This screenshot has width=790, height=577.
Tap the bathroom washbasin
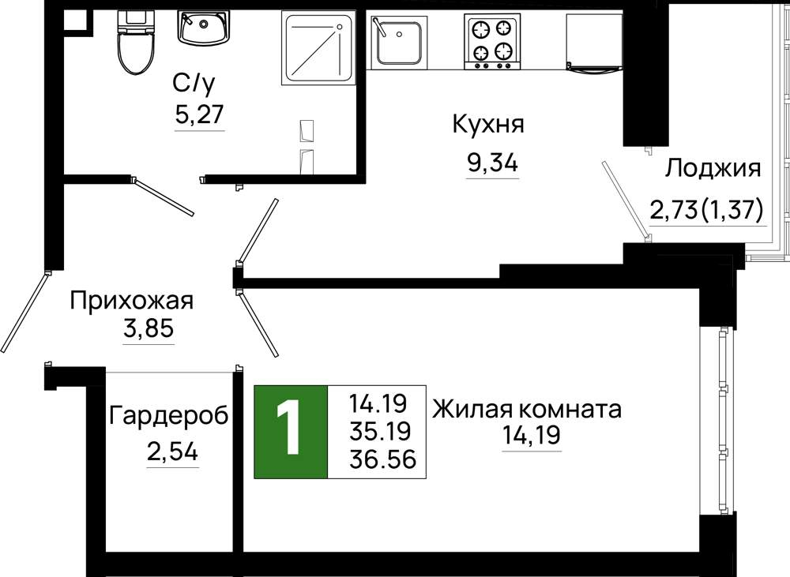point(203,27)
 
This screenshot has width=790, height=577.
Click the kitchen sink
point(399,42)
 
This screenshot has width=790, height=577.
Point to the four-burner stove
point(492,41)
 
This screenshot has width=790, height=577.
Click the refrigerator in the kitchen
point(595,43)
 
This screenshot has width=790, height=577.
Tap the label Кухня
point(488,125)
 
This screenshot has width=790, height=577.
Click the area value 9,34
point(492,163)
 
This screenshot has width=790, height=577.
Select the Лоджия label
point(713,168)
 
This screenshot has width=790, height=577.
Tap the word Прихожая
point(131,301)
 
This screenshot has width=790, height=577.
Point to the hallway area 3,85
point(149,329)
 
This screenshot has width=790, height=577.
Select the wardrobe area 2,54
point(172,452)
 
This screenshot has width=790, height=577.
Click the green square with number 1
point(291,432)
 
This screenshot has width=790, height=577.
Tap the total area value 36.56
point(382,459)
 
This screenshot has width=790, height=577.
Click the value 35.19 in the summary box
point(381,431)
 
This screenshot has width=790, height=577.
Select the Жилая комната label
point(527,410)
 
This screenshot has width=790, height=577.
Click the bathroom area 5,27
point(199,114)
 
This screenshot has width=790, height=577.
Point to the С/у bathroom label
point(194,84)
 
